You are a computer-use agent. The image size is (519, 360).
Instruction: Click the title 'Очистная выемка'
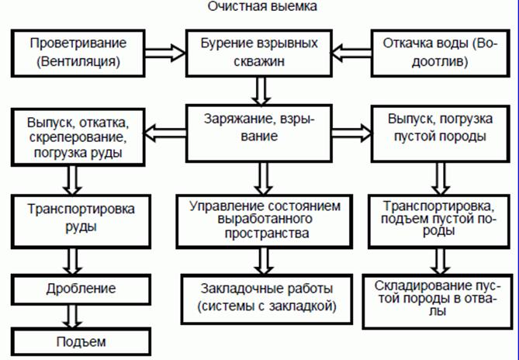[x=261, y=7]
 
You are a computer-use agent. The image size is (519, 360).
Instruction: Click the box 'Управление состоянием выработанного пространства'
[x=263, y=218]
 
